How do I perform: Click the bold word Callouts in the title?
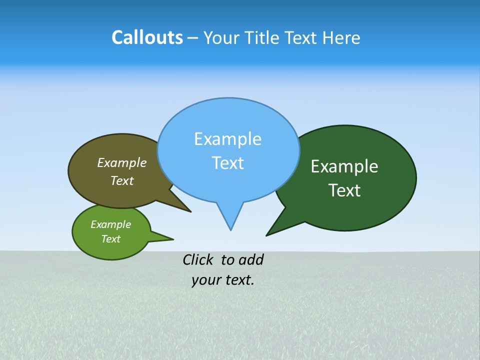tap(147, 37)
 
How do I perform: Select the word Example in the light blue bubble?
tap(227, 139)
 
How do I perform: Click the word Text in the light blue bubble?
tap(227, 163)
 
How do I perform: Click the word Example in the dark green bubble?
tap(344, 166)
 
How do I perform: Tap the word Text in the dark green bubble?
tap(344, 190)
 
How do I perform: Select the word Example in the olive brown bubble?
tap(122, 162)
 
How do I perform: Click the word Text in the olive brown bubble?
tap(122, 180)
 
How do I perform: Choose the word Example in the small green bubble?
tap(110, 224)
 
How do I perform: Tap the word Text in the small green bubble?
tap(110, 239)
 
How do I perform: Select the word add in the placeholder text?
tap(251, 259)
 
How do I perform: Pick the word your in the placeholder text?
tap(206, 280)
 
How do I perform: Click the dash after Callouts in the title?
tap(192, 38)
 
